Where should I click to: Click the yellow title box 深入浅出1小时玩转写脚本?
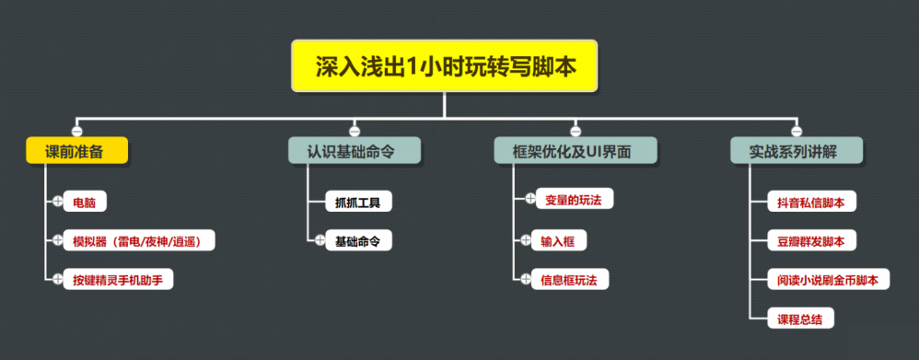(446, 65)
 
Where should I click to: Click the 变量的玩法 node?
(578, 199)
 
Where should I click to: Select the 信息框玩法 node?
(576, 278)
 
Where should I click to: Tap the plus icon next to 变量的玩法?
(530, 198)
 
